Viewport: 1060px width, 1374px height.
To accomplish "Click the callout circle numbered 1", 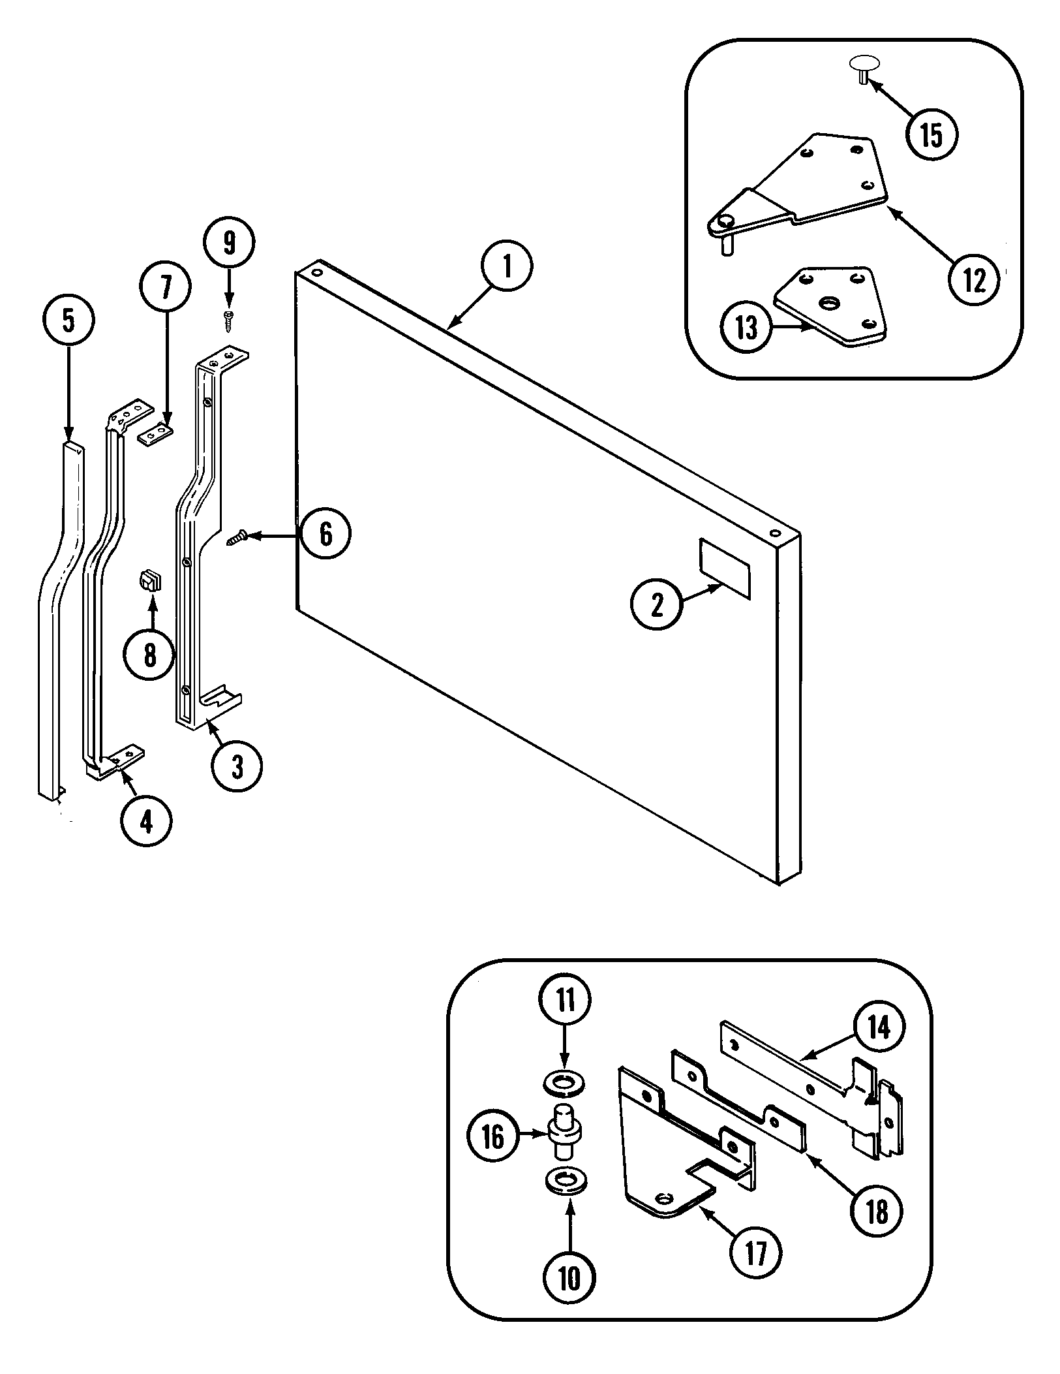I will [x=507, y=267].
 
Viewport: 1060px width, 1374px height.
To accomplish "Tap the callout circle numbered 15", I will [x=931, y=135].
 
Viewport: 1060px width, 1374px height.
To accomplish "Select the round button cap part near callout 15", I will [x=864, y=65].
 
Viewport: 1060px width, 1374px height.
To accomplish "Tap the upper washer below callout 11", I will [x=564, y=1085].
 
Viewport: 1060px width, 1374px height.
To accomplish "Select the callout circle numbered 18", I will [x=877, y=1211].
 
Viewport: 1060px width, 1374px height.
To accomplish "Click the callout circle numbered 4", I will [x=146, y=822].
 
